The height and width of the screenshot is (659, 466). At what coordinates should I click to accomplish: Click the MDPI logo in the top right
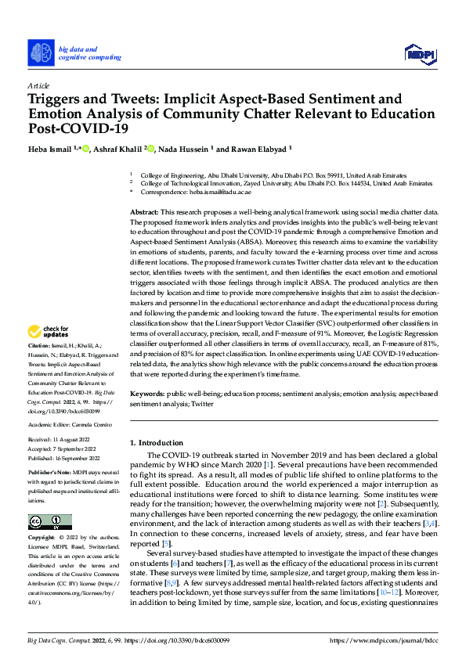[x=419, y=52]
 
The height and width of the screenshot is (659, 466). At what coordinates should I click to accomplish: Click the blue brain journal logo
[x=42, y=52]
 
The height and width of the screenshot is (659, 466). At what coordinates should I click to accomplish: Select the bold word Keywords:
[x=147, y=393]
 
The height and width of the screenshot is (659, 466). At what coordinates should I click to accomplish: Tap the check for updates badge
[x=49, y=354]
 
